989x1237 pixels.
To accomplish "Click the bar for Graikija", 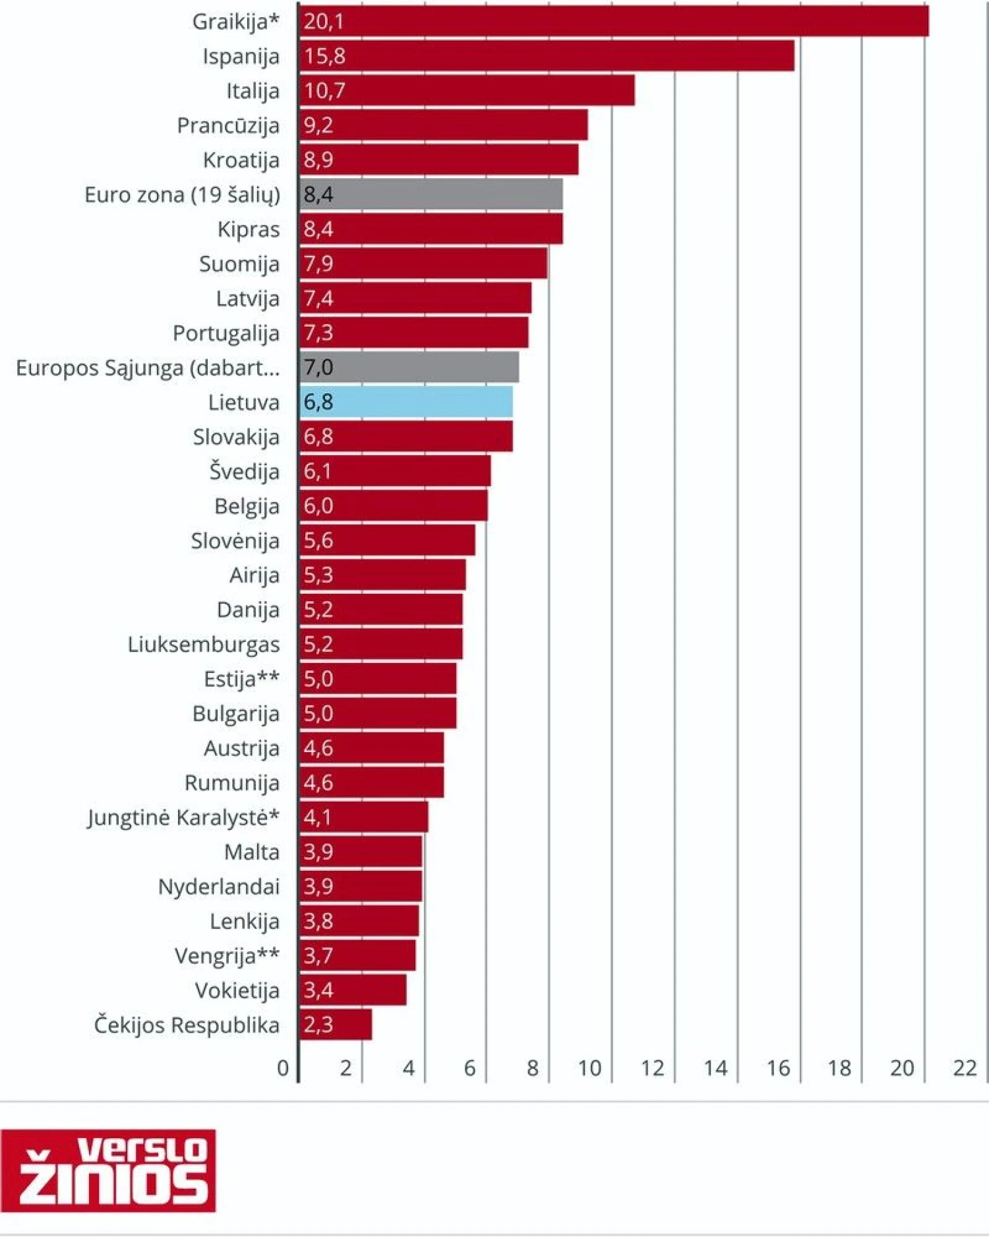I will click(x=613, y=21).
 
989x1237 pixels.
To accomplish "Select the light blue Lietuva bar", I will click(x=406, y=402).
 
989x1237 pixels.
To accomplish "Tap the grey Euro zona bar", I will click(x=431, y=195).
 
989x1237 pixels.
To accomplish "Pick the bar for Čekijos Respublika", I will click(x=336, y=1025).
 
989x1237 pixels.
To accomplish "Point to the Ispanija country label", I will click(x=241, y=57).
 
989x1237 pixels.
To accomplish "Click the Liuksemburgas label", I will click(x=203, y=645).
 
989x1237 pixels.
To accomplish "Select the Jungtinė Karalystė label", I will click(x=183, y=817).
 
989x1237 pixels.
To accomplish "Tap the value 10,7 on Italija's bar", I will click(x=324, y=90).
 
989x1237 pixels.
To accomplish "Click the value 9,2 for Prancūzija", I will click(x=318, y=125).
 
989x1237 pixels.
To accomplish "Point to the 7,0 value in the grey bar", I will click(x=318, y=367).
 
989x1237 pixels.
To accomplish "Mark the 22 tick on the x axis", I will click(x=965, y=1068).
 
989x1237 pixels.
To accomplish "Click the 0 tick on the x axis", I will click(x=283, y=1068).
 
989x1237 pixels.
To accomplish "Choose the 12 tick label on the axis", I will click(x=652, y=1068).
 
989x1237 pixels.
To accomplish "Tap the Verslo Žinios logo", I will click(x=108, y=1170).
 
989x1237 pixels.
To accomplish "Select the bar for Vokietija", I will click(x=353, y=990).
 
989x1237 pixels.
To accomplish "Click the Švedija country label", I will click(x=244, y=472).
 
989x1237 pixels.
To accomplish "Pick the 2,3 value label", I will click(x=318, y=1025).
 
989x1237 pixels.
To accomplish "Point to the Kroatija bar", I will click(x=438, y=160).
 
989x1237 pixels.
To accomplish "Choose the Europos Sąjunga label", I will click(x=148, y=368).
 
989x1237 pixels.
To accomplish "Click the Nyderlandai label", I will click(x=218, y=887).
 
